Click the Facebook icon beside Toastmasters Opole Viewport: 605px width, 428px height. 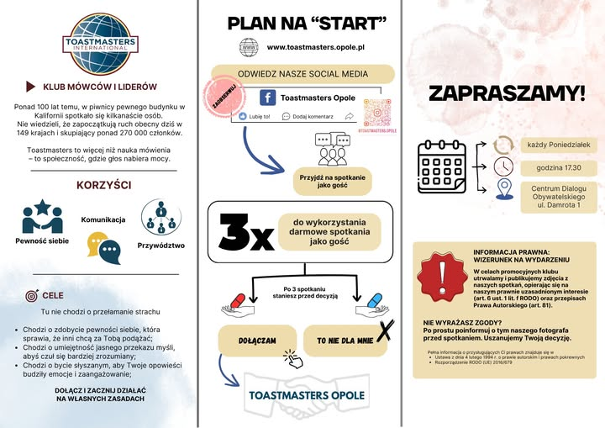(x=268, y=98)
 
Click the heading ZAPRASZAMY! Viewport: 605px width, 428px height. (x=506, y=93)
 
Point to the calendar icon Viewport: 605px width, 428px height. (x=446, y=165)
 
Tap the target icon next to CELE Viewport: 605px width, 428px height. (x=32, y=295)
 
